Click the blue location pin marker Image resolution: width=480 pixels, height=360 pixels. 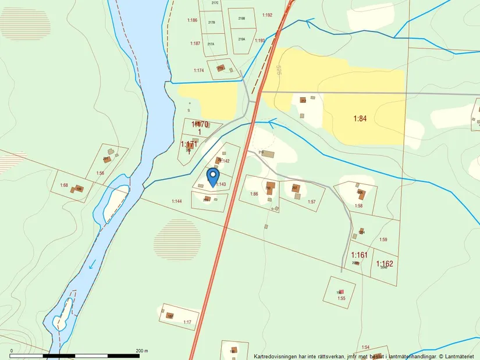pyautogui.click(x=213, y=176)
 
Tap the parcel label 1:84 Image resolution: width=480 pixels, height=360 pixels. pyautogui.click(x=361, y=119)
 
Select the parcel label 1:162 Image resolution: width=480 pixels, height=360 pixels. pyautogui.click(x=385, y=263)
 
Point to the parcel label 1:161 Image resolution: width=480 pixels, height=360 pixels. pyautogui.click(x=360, y=255)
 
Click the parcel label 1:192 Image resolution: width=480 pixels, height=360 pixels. pyautogui.click(x=267, y=15)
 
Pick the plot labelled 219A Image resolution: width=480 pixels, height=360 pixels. pyautogui.click(x=241, y=39)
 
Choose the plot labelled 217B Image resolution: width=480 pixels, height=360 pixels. pyautogui.click(x=211, y=23)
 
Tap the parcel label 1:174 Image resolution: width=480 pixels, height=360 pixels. pyautogui.click(x=199, y=70)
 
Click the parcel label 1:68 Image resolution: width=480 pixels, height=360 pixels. pyautogui.click(x=64, y=186)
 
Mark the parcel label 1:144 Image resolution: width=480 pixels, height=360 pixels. pyautogui.click(x=177, y=201)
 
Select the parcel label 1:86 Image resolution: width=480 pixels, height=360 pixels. pyautogui.click(x=254, y=194)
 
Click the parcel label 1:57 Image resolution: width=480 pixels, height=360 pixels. pyautogui.click(x=312, y=202)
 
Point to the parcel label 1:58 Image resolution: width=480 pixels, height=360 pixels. pyautogui.click(x=358, y=206)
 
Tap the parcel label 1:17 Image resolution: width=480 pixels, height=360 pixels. pyautogui.click(x=187, y=322)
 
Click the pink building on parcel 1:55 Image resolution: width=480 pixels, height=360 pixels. pyautogui.click(x=342, y=291)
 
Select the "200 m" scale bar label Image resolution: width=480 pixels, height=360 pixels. pyautogui.click(x=142, y=351)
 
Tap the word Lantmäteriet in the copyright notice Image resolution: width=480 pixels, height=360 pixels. pyautogui.click(x=460, y=356)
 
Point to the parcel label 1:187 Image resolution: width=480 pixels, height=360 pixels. pyautogui.click(x=195, y=44)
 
